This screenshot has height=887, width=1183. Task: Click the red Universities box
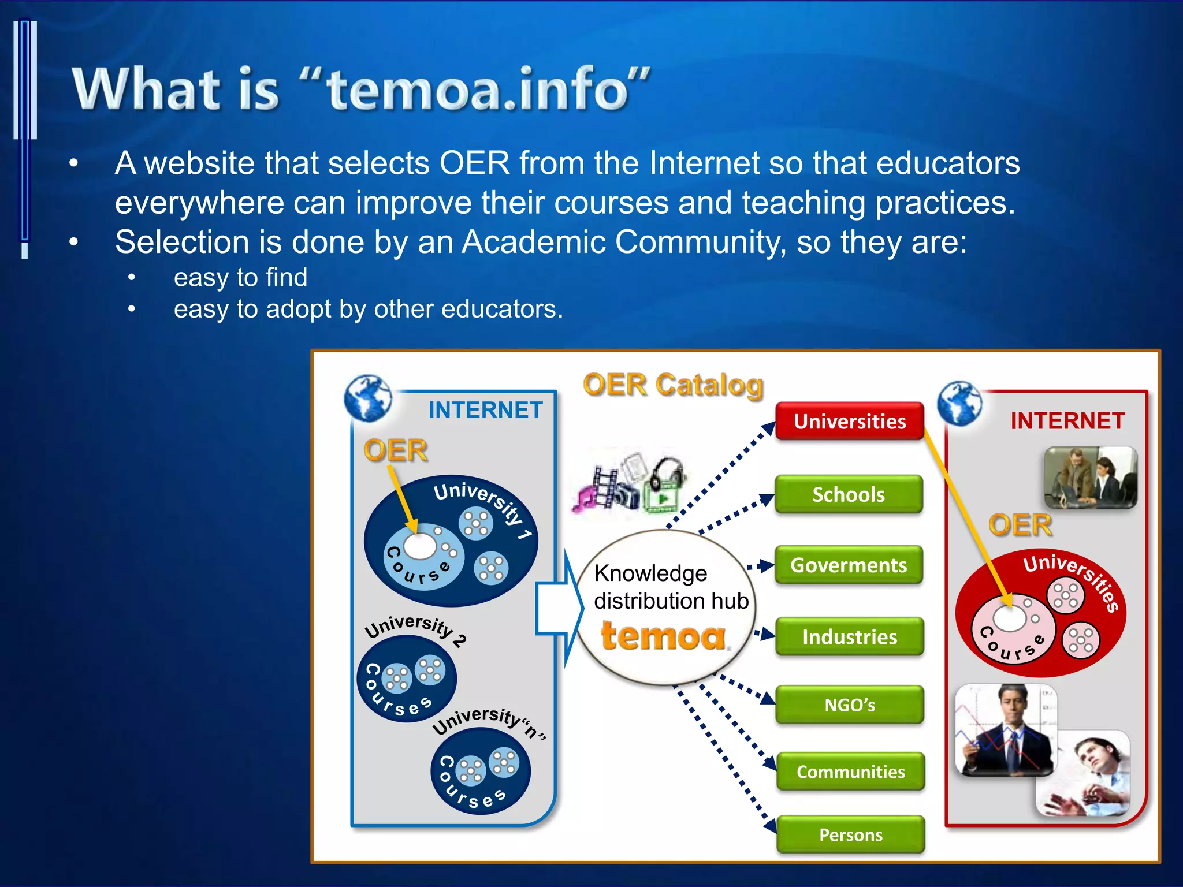point(850,422)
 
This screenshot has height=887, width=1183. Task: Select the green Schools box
point(849,494)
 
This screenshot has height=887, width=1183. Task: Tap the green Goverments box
point(849,565)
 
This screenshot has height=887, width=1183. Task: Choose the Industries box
point(850,636)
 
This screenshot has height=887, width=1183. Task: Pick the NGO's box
point(850,705)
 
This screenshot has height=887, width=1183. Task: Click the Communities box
point(850,772)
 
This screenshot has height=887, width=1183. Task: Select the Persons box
point(851,834)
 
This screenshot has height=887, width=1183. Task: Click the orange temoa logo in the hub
point(664,636)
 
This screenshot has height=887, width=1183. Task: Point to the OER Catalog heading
point(673,385)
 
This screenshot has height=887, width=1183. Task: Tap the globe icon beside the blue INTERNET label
point(367,398)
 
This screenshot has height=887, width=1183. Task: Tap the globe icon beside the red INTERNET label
point(959,404)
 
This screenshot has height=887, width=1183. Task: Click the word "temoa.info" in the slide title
point(478,89)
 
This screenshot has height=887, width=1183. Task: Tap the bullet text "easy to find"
point(240,277)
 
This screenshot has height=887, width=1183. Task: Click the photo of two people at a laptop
point(1090,478)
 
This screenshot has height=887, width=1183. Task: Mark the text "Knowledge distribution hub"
point(671,587)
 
